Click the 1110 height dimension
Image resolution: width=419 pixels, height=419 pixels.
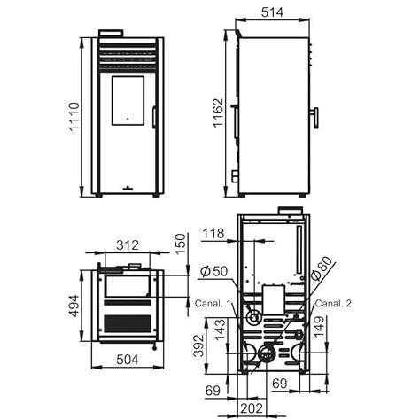(74, 117)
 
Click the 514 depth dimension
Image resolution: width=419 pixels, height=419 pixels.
(272, 12)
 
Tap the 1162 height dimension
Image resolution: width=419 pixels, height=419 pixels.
(219, 113)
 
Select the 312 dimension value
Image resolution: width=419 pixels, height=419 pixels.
(128, 245)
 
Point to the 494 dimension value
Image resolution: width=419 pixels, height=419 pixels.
(74, 306)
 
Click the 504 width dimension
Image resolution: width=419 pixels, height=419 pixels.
(128, 360)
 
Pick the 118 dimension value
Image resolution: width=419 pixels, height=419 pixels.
(213, 234)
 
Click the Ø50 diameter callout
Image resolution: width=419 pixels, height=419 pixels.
(214, 272)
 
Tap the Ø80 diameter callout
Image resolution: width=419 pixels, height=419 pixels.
(322, 268)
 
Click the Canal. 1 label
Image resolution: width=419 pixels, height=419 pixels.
(213, 303)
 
